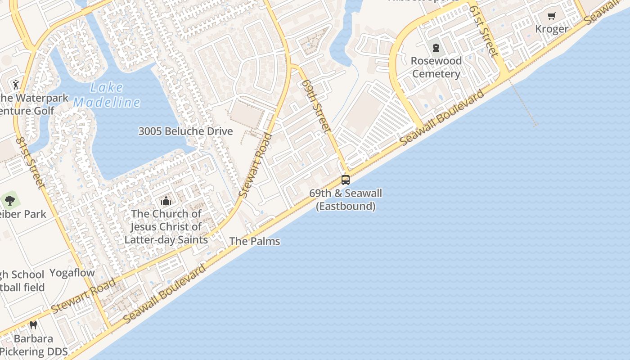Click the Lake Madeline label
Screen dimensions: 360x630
point(107,95)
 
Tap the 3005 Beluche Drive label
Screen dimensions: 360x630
point(185,131)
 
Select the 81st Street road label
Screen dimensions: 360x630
point(31,162)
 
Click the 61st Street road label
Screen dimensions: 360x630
point(483,34)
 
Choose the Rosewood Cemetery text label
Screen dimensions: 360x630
point(436,67)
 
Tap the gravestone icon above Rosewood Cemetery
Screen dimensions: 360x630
point(436,47)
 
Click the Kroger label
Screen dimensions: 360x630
point(552,29)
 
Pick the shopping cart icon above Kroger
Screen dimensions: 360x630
point(552,16)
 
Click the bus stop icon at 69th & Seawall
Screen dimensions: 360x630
point(346,180)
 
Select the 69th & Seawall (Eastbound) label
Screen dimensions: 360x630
point(346,200)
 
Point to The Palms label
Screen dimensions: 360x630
point(255,241)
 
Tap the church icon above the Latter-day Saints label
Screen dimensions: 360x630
point(166,201)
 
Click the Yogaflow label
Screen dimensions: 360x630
point(72,273)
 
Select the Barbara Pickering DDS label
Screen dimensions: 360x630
point(34,345)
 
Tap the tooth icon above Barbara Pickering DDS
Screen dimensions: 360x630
point(33,325)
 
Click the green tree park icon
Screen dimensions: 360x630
point(10,200)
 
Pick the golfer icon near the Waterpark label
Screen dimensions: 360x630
point(16,84)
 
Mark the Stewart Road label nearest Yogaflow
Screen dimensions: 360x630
point(83,296)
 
